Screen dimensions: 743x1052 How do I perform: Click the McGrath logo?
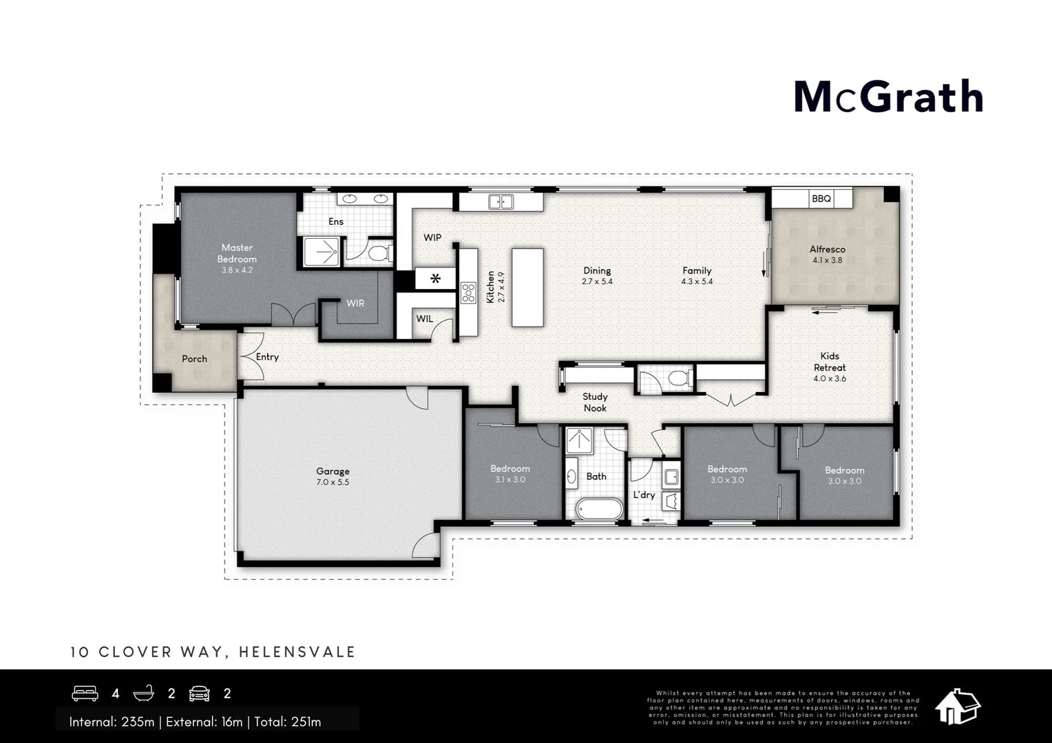tap(888, 96)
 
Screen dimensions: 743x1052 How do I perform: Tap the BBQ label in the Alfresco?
tap(821, 198)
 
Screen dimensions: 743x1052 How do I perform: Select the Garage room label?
tap(333, 471)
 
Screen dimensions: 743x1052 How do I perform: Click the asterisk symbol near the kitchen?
tap(435, 279)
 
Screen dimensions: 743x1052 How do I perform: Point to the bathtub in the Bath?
tap(600, 509)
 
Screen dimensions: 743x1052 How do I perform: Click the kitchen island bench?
tap(527, 288)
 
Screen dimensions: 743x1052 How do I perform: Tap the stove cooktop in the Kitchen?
tap(468, 293)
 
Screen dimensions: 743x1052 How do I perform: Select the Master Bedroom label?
tap(237, 253)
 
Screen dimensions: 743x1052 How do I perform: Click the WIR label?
tap(355, 303)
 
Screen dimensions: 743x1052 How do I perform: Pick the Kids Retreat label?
tap(830, 362)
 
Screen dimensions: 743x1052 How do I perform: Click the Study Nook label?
tap(595, 402)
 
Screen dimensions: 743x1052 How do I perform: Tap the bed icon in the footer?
tap(85, 693)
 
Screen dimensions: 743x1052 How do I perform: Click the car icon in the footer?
tap(199, 693)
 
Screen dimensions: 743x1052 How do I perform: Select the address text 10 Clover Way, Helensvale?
tap(213, 652)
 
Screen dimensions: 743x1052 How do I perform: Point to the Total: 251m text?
tap(288, 722)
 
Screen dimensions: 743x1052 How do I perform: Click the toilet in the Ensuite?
tap(379, 253)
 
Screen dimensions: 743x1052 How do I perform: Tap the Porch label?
tap(194, 358)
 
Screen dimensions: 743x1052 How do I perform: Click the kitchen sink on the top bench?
tap(501, 202)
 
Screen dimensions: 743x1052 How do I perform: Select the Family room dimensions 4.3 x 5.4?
tap(697, 281)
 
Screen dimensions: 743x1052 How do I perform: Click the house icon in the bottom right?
tap(958, 707)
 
